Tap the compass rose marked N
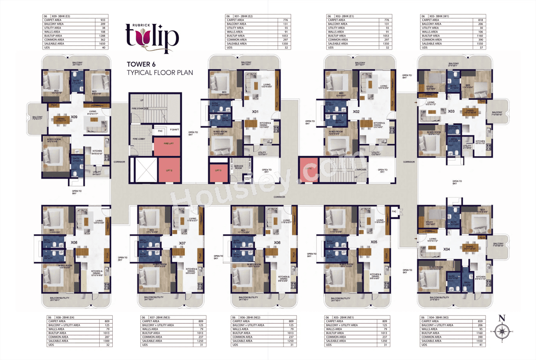tap(502, 331)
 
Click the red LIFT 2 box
tap(168, 170)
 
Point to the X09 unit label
tap(74, 117)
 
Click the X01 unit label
tap(255, 112)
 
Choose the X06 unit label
tap(277, 242)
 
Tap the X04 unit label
tap(447, 249)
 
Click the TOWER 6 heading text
tap(145, 65)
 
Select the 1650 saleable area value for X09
tap(102, 44)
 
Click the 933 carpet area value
tap(102, 20)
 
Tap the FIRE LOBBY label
tap(139, 139)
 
